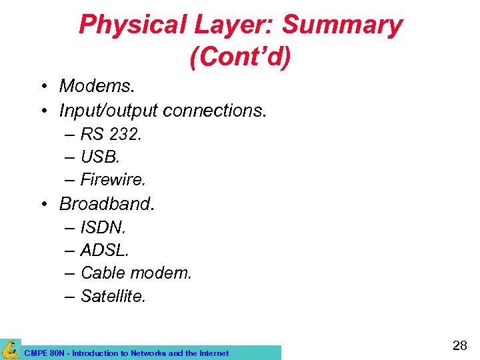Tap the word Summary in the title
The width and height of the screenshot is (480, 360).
[x=342, y=25]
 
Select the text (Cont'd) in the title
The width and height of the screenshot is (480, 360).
[x=240, y=58]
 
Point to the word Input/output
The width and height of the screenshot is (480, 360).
[x=108, y=109]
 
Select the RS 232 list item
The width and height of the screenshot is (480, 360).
[x=111, y=134]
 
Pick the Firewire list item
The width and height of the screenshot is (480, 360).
[x=113, y=179]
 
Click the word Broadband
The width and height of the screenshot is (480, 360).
[x=107, y=203]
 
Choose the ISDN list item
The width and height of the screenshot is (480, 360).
[x=103, y=227]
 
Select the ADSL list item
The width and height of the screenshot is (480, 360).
[x=105, y=250]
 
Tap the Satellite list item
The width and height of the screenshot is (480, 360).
[x=113, y=295]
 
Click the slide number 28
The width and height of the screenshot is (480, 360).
[x=459, y=345]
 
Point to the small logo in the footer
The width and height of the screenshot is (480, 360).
[x=10, y=349]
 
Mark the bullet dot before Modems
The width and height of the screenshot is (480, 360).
[x=43, y=87]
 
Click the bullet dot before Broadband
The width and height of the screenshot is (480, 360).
[x=43, y=203]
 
